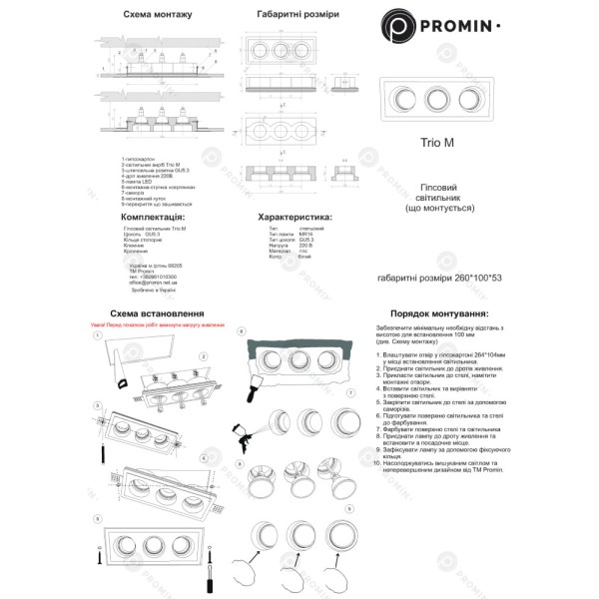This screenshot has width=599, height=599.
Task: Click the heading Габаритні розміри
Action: [x=297, y=16]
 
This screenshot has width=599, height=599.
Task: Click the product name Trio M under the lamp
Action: [x=436, y=143]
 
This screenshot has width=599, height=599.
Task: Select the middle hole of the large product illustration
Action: [x=435, y=99]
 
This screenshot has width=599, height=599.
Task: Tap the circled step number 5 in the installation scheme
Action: [x=96, y=517]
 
